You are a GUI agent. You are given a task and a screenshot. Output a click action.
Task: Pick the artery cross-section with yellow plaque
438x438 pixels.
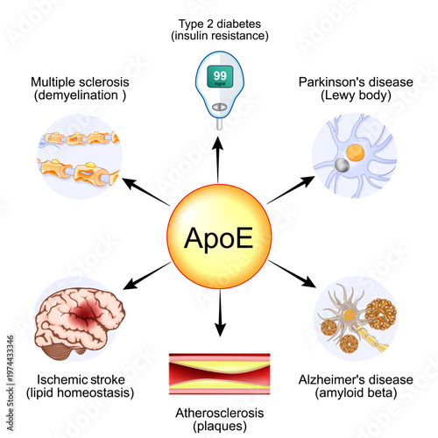[219, 372]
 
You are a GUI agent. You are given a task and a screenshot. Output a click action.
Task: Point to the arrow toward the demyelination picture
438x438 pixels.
[144, 192]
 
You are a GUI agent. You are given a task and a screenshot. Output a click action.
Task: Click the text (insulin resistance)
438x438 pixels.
[219, 36]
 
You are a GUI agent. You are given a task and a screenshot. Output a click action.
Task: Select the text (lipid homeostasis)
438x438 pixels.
[81, 393]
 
